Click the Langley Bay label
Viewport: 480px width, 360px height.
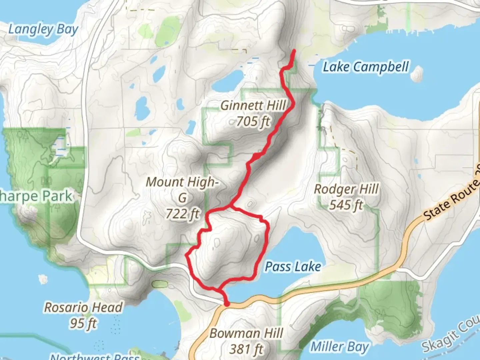point(43,30)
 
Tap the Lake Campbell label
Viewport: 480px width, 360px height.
point(366,67)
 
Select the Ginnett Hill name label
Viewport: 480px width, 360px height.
point(253,106)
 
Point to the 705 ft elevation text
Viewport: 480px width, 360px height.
point(253,121)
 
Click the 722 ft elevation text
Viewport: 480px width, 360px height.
point(183,214)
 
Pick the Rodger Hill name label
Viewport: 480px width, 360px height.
point(346,189)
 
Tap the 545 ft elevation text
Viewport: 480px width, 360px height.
point(346,205)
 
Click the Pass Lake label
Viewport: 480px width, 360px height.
point(293,267)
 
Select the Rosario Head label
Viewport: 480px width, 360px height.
point(83,307)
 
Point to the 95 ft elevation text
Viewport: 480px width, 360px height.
point(83,323)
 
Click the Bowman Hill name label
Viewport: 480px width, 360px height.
point(246,333)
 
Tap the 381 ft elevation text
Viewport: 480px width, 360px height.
point(246,349)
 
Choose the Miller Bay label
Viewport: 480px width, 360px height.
point(339,347)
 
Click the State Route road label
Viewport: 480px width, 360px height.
point(452,198)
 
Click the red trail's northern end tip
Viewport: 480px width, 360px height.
point(294,51)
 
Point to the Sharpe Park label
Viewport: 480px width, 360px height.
point(36,196)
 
